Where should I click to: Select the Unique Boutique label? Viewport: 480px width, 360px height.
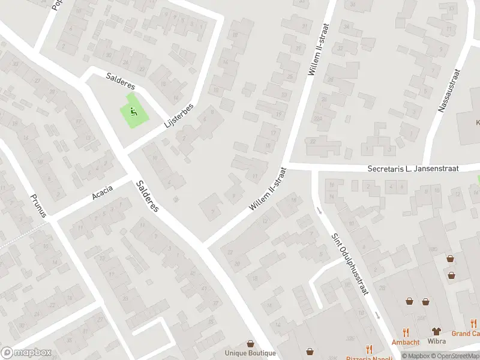[x=250, y=353]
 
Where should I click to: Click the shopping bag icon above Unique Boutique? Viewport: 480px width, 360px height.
[x=250, y=344]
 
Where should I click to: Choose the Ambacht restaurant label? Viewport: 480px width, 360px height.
[x=406, y=342]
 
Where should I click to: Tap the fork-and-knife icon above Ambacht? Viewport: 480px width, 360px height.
[x=406, y=332]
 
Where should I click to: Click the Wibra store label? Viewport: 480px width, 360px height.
[x=436, y=342]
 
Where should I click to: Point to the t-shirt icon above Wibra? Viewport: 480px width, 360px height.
[x=436, y=332]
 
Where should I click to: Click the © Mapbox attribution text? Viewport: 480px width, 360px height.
[x=416, y=356]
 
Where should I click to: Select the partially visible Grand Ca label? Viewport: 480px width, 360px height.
[x=466, y=334]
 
